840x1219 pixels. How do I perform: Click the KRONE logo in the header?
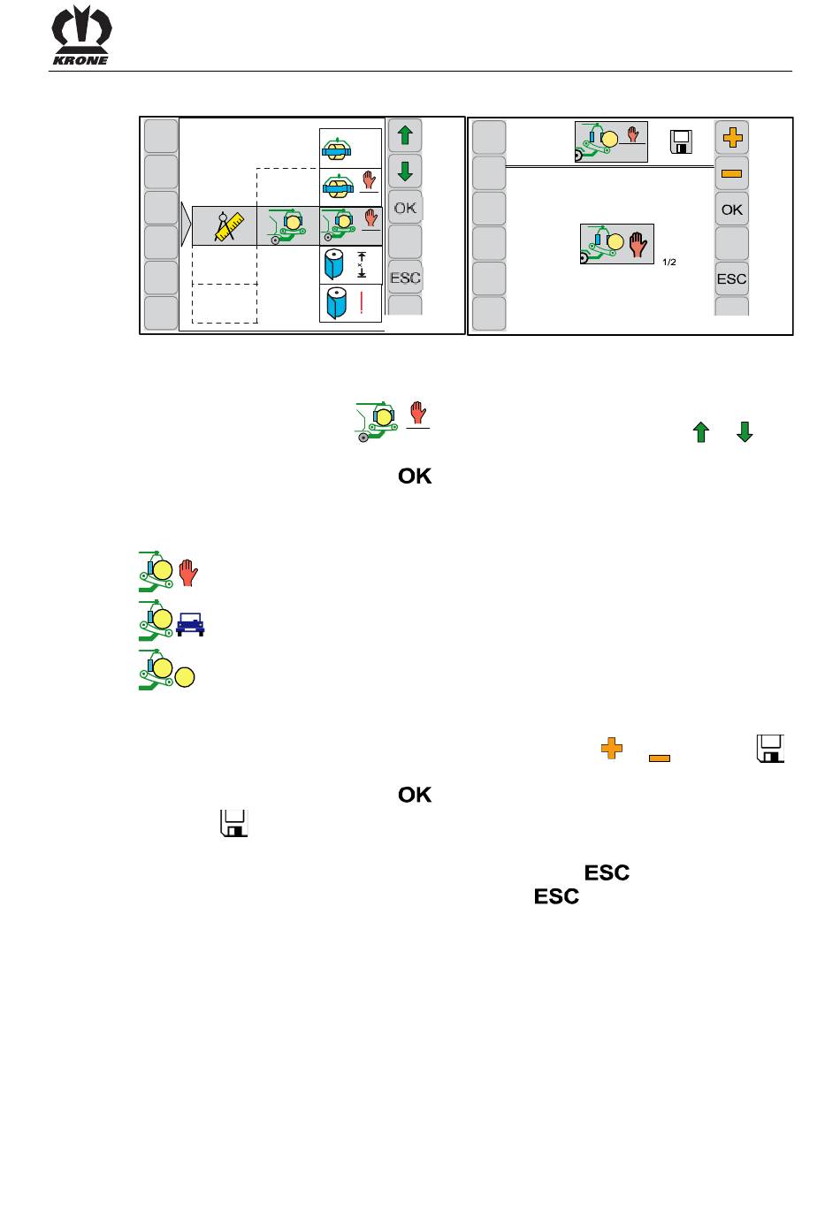tap(81, 37)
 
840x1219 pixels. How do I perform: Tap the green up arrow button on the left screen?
tap(405, 136)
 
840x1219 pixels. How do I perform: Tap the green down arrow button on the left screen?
tap(405, 171)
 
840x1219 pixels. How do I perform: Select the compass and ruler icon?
tap(225, 226)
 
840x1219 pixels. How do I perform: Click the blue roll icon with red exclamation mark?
tap(350, 303)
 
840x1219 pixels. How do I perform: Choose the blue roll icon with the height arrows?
tap(350, 264)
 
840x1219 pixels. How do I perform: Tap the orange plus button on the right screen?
tap(732, 137)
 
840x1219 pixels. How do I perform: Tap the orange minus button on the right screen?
tap(732, 173)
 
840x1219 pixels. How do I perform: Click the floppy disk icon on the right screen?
tap(681, 141)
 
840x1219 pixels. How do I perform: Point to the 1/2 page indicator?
tap(668, 262)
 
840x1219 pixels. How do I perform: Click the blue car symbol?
tap(190, 626)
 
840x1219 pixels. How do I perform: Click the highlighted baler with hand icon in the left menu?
tap(350, 226)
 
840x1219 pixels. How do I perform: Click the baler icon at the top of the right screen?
tap(611, 141)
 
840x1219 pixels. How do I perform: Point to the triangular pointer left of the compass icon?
tap(185, 225)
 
